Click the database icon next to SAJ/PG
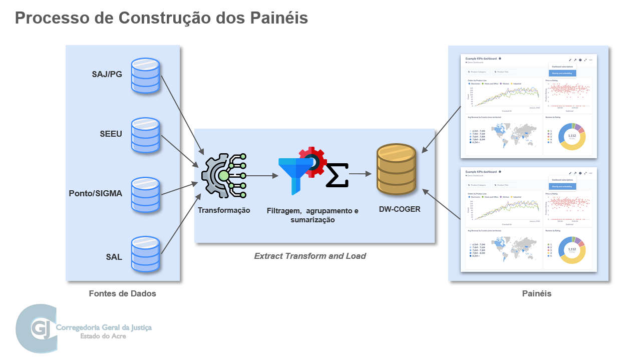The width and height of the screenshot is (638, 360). tap(145, 76)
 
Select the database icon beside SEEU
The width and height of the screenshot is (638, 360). tap(145, 135)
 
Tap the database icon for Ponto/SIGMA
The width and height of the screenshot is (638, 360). tap(145, 194)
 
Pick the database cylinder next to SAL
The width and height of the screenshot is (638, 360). tap(145, 255)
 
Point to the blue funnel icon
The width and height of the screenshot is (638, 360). tap(295, 173)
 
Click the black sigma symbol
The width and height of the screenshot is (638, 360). tap(337, 175)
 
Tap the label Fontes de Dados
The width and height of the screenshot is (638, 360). tap(122, 294)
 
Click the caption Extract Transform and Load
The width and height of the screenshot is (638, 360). tap(310, 256)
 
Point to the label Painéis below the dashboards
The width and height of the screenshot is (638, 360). tap(536, 294)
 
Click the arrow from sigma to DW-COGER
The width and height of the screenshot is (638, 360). tap(360, 174)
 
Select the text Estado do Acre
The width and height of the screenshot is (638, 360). tap(103, 336)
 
